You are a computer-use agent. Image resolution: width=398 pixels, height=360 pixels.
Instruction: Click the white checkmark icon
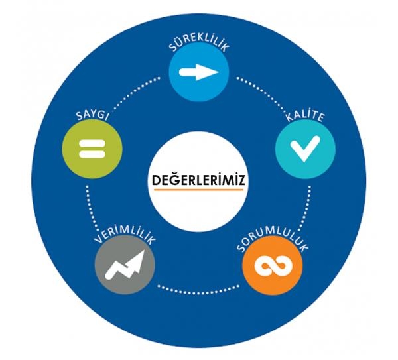tap(305, 149)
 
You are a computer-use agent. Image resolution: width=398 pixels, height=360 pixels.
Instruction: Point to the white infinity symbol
tap(272, 267)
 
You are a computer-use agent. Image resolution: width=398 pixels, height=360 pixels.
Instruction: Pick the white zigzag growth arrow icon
tap(125, 265)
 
